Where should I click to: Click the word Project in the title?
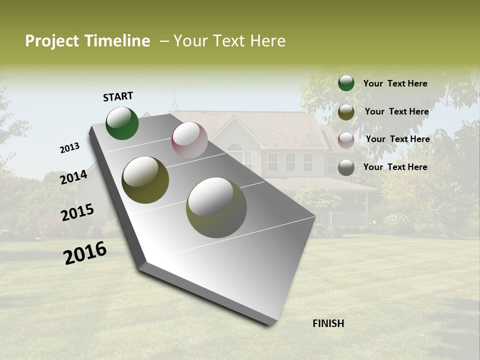click(x=51, y=41)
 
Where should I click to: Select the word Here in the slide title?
click(x=267, y=41)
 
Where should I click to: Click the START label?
click(x=118, y=96)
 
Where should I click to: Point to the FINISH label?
click(x=328, y=323)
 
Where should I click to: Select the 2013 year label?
click(x=69, y=148)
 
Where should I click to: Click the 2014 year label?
click(x=73, y=177)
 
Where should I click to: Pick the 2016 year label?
click(x=85, y=253)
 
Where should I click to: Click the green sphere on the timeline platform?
click(x=122, y=123)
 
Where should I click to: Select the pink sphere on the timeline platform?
click(x=189, y=140)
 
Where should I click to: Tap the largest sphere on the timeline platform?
click(x=216, y=207)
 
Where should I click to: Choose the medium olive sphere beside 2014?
click(x=145, y=180)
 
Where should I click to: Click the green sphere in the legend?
click(x=346, y=83)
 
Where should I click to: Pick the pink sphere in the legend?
click(x=346, y=139)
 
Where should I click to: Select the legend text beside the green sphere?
click(x=395, y=84)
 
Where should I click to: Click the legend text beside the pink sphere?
click(x=397, y=139)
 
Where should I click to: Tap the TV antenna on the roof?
click(x=175, y=97)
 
